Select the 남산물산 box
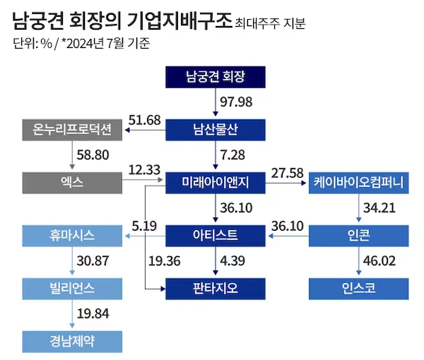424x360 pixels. click(x=216, y=130)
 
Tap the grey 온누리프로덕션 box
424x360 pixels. click(x=72, y=130)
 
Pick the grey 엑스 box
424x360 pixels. click(x=72, y=183)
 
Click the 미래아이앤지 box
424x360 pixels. click(x=216, y=183)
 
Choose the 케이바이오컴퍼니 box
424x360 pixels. click(x=358, y=183)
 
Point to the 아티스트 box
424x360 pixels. click(x=216, y=236)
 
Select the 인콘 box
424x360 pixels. click(x=358, y=236)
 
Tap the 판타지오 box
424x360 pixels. click(x=216, y=288)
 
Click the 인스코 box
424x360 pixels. click(x=358, y=288)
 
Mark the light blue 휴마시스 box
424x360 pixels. click(x=72, y=236)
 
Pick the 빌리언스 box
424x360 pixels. click(x=72, y=288)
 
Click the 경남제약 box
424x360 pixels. click(x=72, y=341)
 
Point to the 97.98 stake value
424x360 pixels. click(x=237, y=102)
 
